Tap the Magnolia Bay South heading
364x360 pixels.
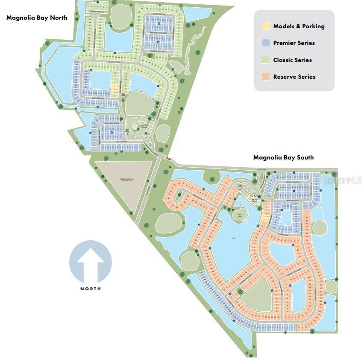[x=283, y=157]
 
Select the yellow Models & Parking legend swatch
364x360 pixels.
[x=265, y=26]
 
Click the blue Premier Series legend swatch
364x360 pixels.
[x=265, y=43]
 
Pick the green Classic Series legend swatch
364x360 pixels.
[x=265, y=60]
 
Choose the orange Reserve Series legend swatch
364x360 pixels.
[x=265, y=77]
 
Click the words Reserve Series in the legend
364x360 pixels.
[x=294, y=77]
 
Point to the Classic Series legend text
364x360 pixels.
[x=293, y=60]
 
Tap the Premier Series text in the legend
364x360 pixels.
[x=294, y=43]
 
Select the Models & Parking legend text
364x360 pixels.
[x=299, y=26]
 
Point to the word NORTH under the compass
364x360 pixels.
[x=91, y=289]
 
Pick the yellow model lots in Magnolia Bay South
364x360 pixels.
[x=266, y=218]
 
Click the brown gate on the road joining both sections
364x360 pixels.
[x=168, y=159]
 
